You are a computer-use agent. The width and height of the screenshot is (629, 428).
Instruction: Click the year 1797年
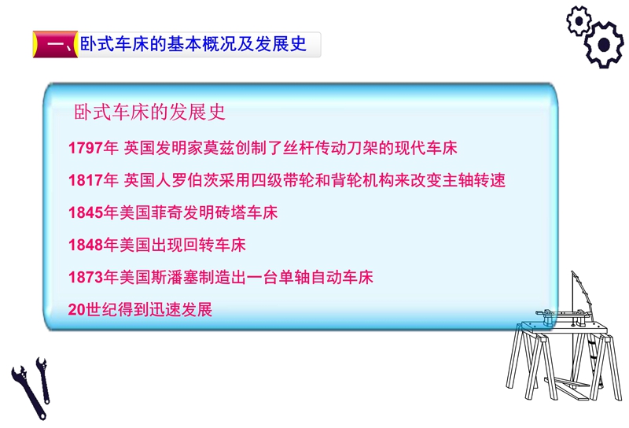pos(93,148)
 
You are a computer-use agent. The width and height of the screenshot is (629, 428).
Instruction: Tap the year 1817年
pos(93,180)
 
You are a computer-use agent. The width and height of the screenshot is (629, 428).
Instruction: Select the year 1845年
pos(93,212)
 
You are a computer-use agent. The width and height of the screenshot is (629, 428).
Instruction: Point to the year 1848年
pos(93,245)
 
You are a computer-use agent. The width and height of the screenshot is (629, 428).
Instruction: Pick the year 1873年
pos(93,277)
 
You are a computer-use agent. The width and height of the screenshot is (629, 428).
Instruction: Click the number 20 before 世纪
pos(76,309)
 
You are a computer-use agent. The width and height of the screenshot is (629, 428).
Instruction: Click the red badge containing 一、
pos(55,44)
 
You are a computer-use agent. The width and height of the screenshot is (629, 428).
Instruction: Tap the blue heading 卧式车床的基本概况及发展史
pos(193,44)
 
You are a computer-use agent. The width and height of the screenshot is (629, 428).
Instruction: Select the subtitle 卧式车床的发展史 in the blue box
pos(149,112)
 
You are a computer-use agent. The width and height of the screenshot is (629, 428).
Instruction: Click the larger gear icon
pos(604,44)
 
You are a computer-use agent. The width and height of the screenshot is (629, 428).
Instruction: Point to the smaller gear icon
pos(579,21)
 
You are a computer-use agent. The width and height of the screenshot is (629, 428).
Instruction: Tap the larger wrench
pos(28,392)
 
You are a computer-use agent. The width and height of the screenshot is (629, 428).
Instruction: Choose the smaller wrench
pos(43,379)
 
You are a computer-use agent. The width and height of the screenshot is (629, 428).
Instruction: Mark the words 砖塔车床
pos(246,212)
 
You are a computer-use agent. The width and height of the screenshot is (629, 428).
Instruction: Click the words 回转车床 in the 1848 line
pos(214,245)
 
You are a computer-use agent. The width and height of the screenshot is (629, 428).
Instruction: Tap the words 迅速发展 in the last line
pos(181,309)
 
